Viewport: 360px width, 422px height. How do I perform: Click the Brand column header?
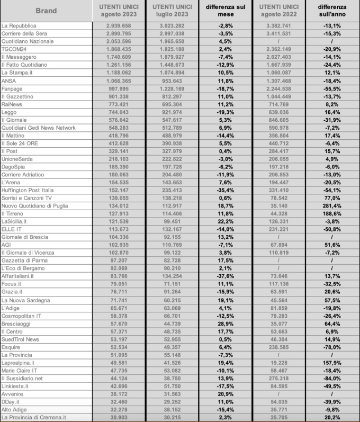(47, 10)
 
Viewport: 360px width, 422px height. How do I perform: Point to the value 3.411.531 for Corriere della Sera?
(280, 33)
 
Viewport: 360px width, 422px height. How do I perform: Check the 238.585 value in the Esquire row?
(280, 346)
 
